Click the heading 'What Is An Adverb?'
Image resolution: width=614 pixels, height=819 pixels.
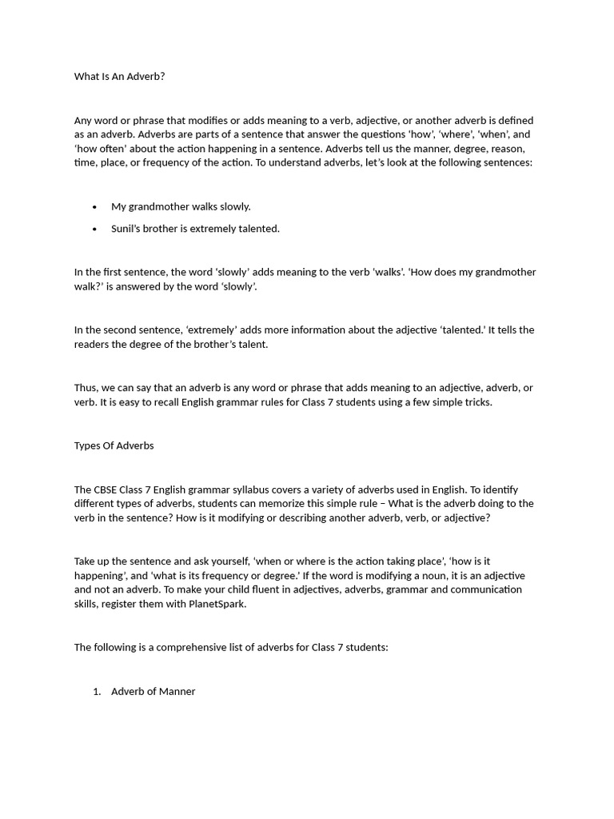click(119, 77)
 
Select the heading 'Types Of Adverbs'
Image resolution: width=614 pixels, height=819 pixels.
click(114, 445)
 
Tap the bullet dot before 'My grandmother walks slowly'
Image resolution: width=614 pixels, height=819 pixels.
click(94, 207)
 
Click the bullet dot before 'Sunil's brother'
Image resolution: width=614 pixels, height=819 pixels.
click(94, 229)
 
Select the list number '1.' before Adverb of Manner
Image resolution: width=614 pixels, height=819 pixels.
click(97, 691)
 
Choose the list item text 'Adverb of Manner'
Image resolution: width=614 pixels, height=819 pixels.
click(153, 691)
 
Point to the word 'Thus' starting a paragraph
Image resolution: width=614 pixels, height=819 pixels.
click(86, 388)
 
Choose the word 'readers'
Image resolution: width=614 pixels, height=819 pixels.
click(92, 345)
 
